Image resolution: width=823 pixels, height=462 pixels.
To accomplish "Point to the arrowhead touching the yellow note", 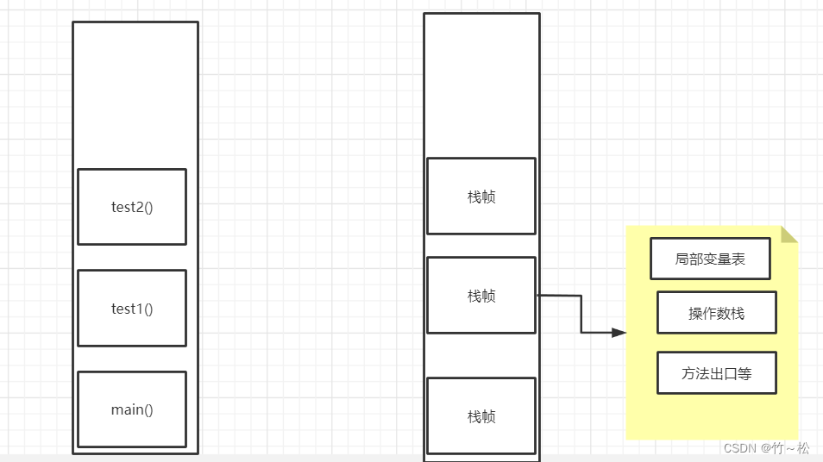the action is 618,332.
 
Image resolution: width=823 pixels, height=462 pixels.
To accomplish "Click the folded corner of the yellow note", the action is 788,234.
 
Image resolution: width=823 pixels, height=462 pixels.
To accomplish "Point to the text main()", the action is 132,409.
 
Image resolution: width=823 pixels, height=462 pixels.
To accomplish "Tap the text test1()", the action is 132,309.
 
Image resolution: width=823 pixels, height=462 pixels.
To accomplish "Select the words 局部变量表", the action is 710,259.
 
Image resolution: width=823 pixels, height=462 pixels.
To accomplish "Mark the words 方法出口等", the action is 716,373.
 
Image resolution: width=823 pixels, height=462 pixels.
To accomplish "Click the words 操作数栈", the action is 716,313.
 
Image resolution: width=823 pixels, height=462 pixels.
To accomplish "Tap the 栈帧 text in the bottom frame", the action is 481,416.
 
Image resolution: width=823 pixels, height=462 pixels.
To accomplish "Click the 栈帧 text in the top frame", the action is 481,197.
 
